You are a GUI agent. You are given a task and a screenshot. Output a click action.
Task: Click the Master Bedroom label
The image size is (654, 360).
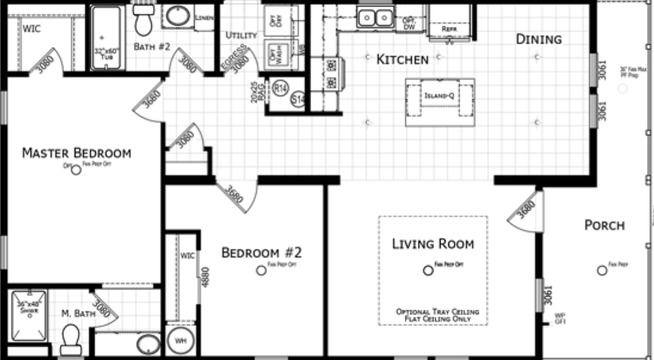click(76, 154)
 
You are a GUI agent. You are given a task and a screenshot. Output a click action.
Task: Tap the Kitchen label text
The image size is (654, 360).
click(402, 59)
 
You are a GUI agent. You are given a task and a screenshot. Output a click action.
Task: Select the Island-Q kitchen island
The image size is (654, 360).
click(440, 96)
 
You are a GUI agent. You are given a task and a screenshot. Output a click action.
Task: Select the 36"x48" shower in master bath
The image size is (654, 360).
click(28, 310)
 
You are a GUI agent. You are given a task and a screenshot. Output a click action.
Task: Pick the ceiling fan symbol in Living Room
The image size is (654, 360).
click(427, 270)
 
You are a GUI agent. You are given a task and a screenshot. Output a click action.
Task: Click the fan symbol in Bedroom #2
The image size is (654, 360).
click(261, 270)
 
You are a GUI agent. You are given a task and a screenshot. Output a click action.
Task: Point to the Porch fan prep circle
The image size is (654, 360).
click(601, 270)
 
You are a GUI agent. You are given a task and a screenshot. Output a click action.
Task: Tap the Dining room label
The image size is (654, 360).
click(539, 39)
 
